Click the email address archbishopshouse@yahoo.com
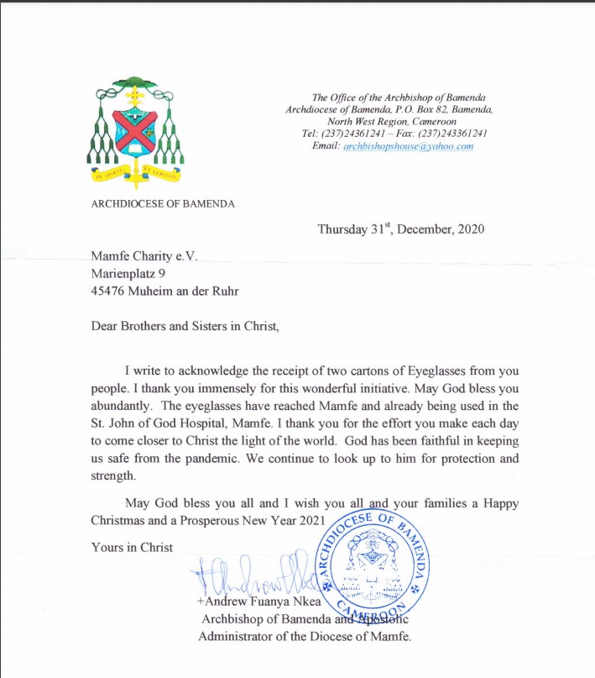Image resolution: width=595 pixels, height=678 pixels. coord(408,146)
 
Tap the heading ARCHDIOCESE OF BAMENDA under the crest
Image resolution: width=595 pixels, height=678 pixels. coord(163,204)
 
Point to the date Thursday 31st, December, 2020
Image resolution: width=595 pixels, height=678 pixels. coord(400,229)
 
